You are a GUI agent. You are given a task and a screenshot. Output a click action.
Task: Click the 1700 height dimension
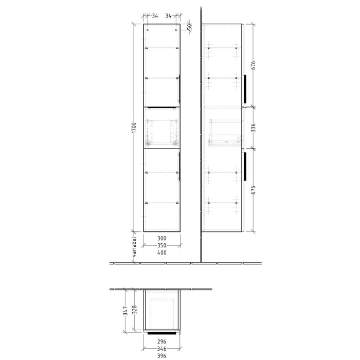[x=134, y=128]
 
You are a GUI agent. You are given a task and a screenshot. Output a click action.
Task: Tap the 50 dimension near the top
[x=189, y=27]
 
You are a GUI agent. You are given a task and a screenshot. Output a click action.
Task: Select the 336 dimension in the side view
[x=253, y=128]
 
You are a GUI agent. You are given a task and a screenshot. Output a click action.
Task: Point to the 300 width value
[x=161, y=239]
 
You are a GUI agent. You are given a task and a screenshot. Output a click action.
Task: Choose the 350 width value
[x=161, y=246]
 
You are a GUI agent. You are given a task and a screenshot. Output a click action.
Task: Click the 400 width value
[x=161, y=253]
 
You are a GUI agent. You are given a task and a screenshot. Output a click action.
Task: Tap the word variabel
[x=134, y=249]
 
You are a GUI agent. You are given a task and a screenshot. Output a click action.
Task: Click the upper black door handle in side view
[x=245, y=88]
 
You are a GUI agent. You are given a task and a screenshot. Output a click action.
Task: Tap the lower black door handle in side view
[x=245, y=167]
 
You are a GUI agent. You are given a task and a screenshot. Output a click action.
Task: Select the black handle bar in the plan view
[x=161, y=333]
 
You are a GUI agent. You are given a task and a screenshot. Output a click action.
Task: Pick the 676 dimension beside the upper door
[x=253, y=65]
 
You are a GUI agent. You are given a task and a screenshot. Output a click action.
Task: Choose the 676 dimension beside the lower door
[x=253, y=190]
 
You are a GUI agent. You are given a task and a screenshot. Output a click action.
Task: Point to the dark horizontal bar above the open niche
[x=161, y=107]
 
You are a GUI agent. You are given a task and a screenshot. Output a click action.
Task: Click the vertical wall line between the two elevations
[x=200, y=154]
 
